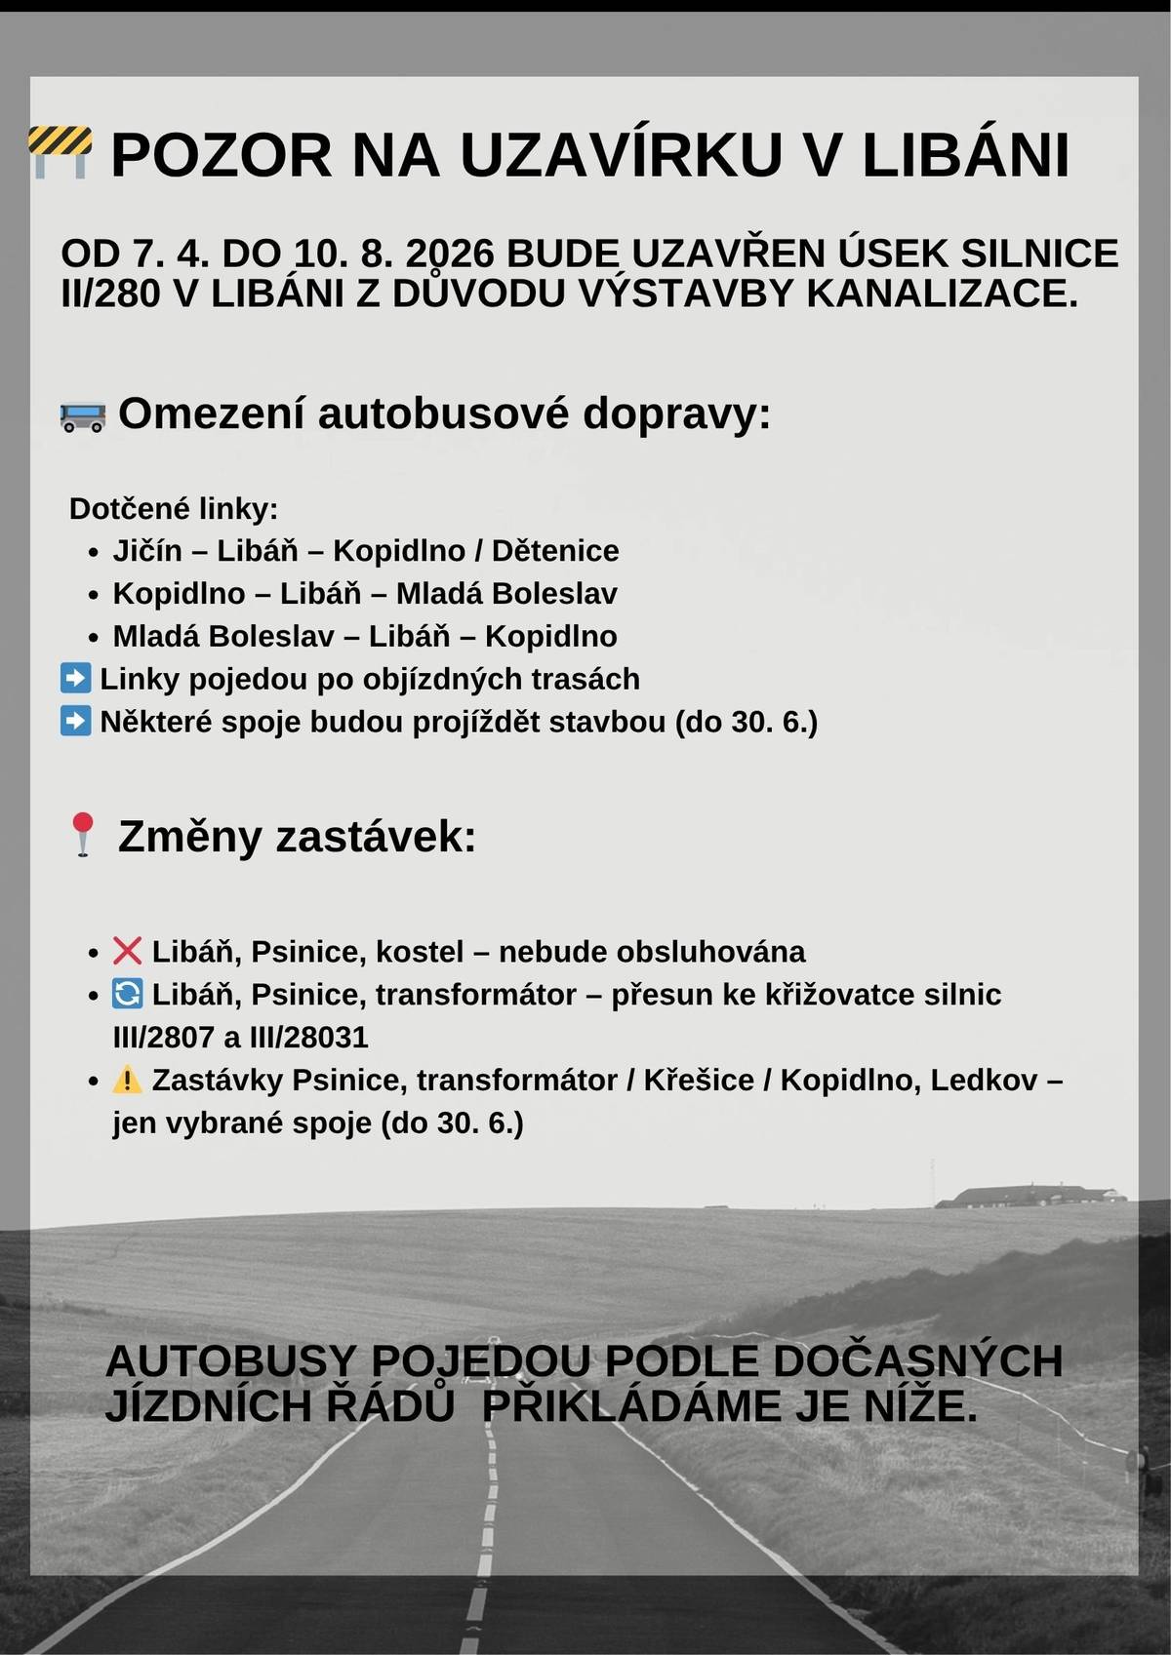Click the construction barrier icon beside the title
point(61,151)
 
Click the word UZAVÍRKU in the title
point(621,155)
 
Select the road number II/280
point(109,294)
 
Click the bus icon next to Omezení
point(82,416)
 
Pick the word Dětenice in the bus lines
point(554,551)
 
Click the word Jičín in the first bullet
point(147,551)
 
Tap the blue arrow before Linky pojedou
point(75,678)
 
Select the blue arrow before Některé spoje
point(75,721)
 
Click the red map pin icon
point(83,835)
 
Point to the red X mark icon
point(127,950)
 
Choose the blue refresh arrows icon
point(127,994)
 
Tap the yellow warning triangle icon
point(127,1080)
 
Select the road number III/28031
point(308,1037)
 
